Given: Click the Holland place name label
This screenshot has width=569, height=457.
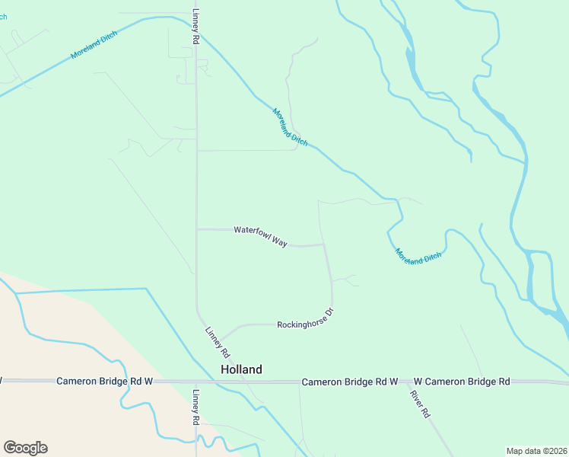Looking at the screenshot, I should (x=241, y=369).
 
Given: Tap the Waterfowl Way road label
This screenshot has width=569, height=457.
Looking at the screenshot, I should (x=260, y=235).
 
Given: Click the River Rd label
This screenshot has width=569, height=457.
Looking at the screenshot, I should (x=420, y=404).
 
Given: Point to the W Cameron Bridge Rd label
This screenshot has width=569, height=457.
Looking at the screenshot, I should (x=462, y=381).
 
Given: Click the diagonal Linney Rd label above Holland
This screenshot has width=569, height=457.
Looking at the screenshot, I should (x=217, y=342).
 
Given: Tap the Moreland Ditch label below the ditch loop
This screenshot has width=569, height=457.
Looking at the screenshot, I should (x=418, y=257).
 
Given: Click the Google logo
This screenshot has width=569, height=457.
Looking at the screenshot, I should (x=25, y=448).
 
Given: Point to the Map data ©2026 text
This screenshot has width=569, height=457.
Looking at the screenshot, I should (x=536, y=451).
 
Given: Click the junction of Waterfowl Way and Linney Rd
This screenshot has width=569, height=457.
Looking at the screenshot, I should (x=197, y=229).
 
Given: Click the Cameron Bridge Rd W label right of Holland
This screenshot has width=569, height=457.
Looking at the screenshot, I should (x=350, y=381).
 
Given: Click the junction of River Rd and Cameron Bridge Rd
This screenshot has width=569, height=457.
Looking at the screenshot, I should (x=407, y=382).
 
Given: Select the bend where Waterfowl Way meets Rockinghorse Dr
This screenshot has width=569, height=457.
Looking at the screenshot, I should (x=325, y=245).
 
